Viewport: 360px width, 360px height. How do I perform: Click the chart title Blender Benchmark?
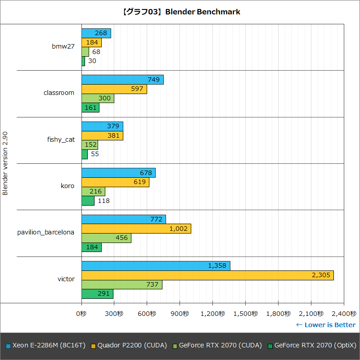point(180,12)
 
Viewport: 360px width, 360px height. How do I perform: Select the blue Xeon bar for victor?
point(156,266)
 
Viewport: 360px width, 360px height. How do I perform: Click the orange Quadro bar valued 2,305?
point(207,275)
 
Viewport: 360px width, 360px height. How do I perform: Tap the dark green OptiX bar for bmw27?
point(83,61)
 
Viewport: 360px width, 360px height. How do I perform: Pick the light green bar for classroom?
point(98,99)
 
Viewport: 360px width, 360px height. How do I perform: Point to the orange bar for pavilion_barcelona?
point(136,229)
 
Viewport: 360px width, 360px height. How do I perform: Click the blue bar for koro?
point(118,173)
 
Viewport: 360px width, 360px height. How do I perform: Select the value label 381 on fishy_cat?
point(114,135)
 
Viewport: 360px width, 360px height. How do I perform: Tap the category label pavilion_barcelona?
point(46,232)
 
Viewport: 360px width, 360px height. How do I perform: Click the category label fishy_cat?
point(61,139)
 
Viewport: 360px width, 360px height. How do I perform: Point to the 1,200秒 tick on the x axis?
point(212,313)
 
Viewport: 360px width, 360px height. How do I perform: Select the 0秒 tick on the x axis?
point(81,313)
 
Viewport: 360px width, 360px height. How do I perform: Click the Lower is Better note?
point(325,325)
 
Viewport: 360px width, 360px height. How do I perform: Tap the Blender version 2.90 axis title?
point(5,163)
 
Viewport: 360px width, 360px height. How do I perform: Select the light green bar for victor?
point(121,285)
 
